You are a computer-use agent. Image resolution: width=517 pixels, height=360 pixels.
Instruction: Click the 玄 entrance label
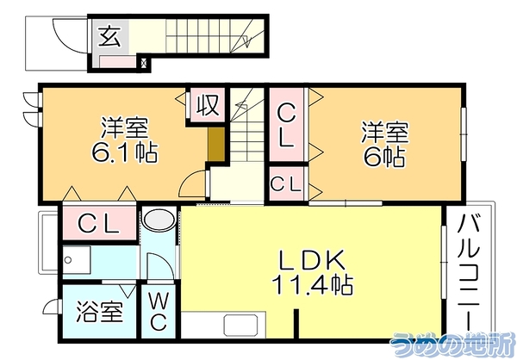tap(109, 36)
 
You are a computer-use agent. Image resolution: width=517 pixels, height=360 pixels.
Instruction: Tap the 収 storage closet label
tap(208, 105)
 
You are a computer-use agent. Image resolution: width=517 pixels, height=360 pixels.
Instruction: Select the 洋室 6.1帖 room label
tap(124, 140)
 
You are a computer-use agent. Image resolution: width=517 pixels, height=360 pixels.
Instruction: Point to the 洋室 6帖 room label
tap(385, 144)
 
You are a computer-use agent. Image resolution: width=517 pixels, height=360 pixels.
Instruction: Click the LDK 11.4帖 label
tap(312, 272)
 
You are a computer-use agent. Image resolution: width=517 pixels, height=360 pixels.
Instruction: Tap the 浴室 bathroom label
tap(100, 312)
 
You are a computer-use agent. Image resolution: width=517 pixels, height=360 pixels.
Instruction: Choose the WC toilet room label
tap(159, 312)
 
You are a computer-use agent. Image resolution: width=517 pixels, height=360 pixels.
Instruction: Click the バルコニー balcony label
tap(469, 272)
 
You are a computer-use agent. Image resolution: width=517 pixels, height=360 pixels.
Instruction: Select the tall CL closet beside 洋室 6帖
tap(286, 125)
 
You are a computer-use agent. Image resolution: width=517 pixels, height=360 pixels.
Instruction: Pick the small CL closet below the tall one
tap(286, 183)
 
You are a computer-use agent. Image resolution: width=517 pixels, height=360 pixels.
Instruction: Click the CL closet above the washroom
tap(99, 224)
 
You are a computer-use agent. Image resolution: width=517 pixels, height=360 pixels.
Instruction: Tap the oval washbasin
tap(159, 220)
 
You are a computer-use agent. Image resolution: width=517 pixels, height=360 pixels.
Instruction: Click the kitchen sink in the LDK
tap(240, 326)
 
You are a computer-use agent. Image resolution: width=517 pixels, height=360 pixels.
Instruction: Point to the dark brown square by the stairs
tap(216, 144)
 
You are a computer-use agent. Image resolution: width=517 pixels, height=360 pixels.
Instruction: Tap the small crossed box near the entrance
tap(144, 62)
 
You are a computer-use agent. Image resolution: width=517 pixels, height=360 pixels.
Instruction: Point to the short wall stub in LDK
tap(296, 324)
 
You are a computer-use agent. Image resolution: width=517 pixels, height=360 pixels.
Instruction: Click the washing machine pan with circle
tap(77, 260)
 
